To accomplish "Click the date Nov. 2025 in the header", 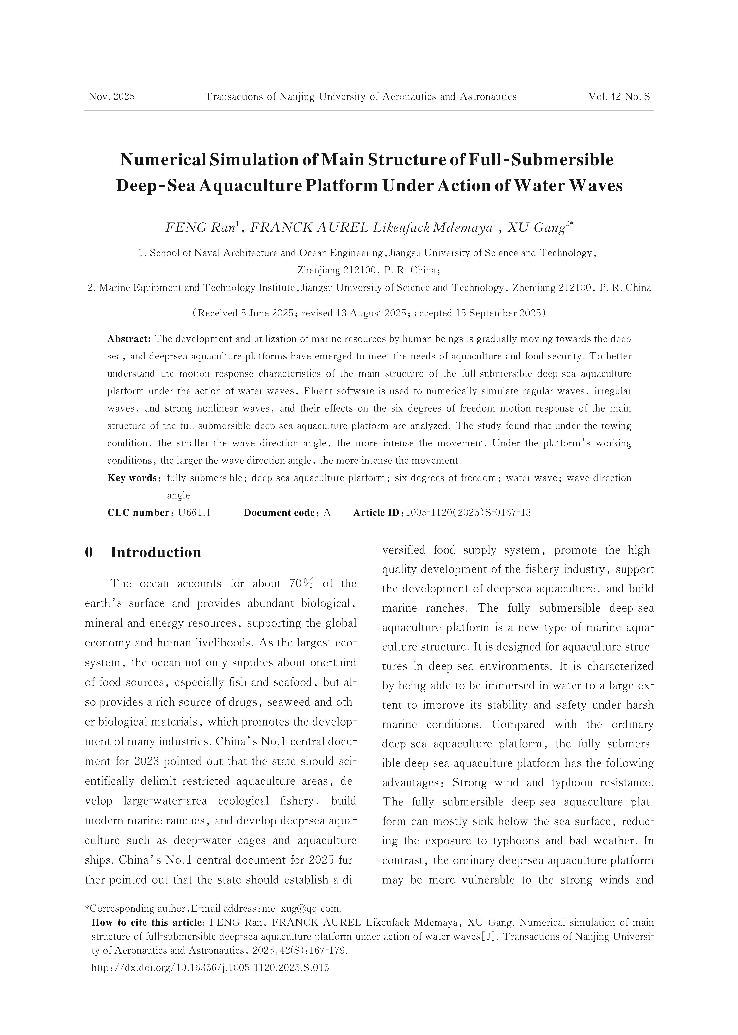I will pos(111,97).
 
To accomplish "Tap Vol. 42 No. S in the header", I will pos(619,97).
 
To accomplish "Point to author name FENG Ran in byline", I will pos(200,228).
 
